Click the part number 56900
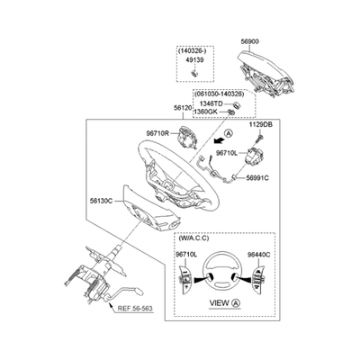250,41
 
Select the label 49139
194,60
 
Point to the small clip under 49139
194,73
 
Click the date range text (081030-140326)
220,94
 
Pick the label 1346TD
212,103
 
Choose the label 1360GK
206,112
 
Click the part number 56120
183,108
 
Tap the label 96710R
157,133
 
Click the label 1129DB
260,125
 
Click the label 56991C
257,178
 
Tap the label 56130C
101,201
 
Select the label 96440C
259,255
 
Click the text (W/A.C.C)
193,238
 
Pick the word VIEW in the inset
220,303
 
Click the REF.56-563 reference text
135,308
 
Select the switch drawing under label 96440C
259,276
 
